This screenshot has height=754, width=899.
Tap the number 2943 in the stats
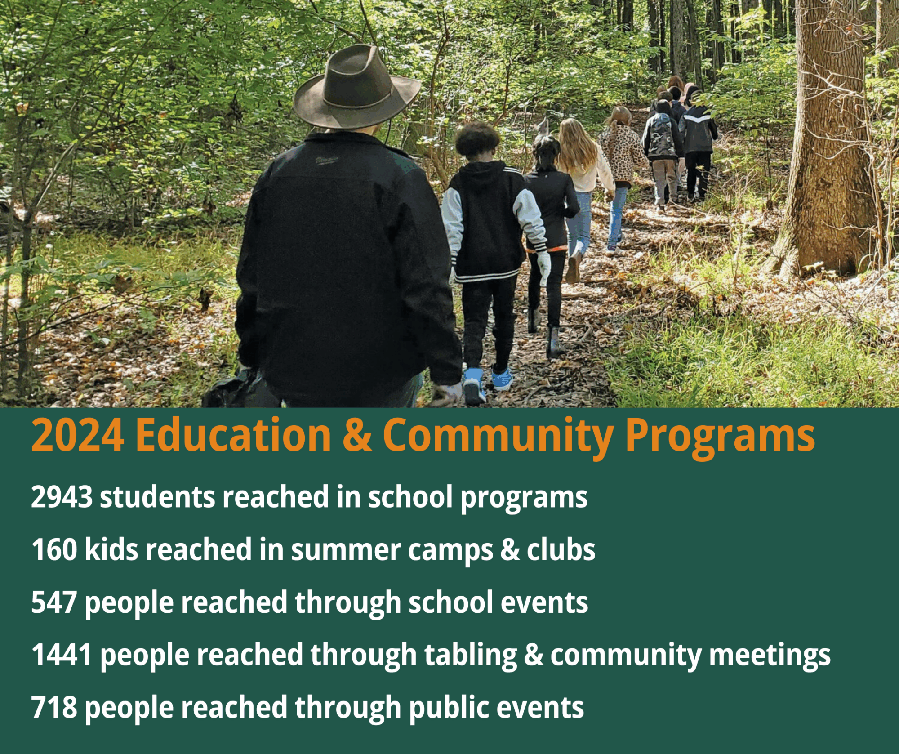tap(62, 497)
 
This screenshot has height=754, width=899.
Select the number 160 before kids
tap(54, 550)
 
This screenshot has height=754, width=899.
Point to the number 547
tap(54, 602)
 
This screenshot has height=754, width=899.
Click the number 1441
tap(62, 655)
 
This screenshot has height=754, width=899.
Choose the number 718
tap(54, 708)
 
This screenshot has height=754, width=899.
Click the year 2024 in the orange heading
tap(78, 435)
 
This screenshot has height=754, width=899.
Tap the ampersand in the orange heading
tap(357, 435)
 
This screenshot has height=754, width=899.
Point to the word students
tap(157, 497)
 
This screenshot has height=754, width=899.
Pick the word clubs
tap(561, 549)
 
